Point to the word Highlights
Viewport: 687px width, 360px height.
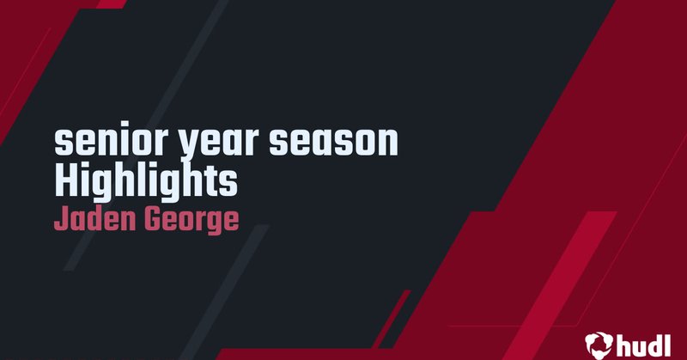[144, 181]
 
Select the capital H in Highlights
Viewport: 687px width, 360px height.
[65, 180]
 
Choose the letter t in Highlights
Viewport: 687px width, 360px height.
[210, 180]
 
